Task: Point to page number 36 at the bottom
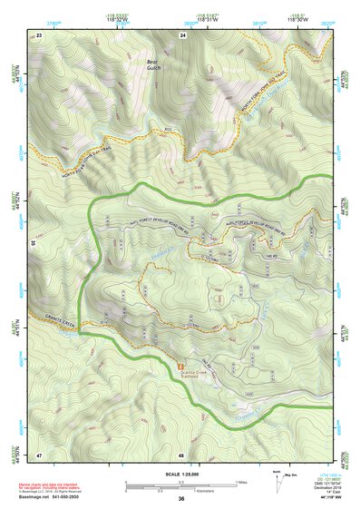[x=181, y=500]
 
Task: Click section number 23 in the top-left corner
[x=39, y=34]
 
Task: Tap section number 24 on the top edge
[x=182, y=34]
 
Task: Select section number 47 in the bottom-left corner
[x=39, y=454]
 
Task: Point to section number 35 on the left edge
[x=33, y=244]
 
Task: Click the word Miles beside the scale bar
[x=241, y=481]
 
